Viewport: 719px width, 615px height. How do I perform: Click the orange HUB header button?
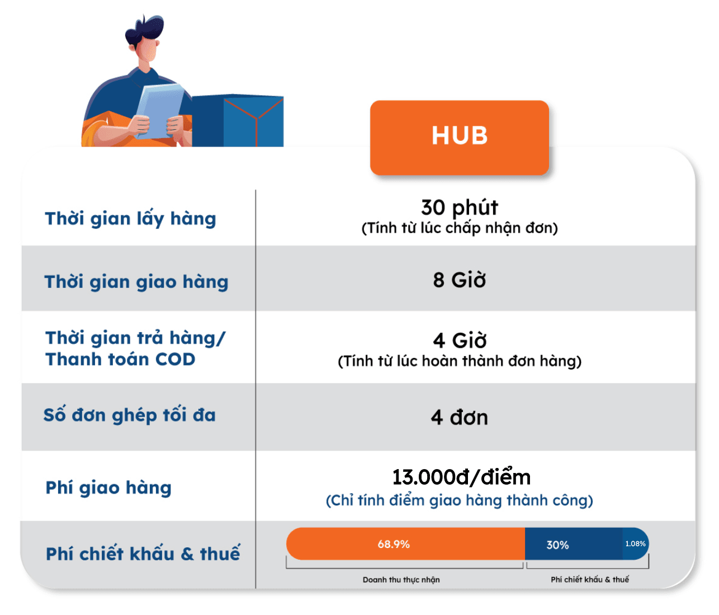tap(459, 136)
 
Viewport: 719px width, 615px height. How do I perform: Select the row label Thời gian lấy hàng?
tap(130, 219)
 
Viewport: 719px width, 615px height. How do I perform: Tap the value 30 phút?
tap(459, 207)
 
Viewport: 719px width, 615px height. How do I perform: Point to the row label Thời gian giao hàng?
tap(136, 282)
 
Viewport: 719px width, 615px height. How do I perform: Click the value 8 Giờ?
tap(459, 280)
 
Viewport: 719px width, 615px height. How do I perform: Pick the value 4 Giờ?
tap(459, 340)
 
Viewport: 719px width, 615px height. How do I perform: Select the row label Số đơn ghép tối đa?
tap(130, 415)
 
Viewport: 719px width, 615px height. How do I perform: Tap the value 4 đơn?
tap(459, 418)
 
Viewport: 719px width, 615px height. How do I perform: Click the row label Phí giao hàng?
tap(108, 488)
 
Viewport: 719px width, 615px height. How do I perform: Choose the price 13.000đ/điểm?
tap(461, 477)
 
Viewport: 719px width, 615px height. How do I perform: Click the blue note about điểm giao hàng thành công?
tap(459, 500)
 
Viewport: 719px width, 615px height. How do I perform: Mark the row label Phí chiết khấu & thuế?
tap(143, 553)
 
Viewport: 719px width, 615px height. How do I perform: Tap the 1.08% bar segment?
tap(636, 543)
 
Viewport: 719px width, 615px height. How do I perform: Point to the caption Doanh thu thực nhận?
tap(401, 580)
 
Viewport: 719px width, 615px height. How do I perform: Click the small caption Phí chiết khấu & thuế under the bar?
tap(589, 580)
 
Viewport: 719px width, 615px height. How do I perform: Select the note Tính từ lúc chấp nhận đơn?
tap(459, 228)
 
